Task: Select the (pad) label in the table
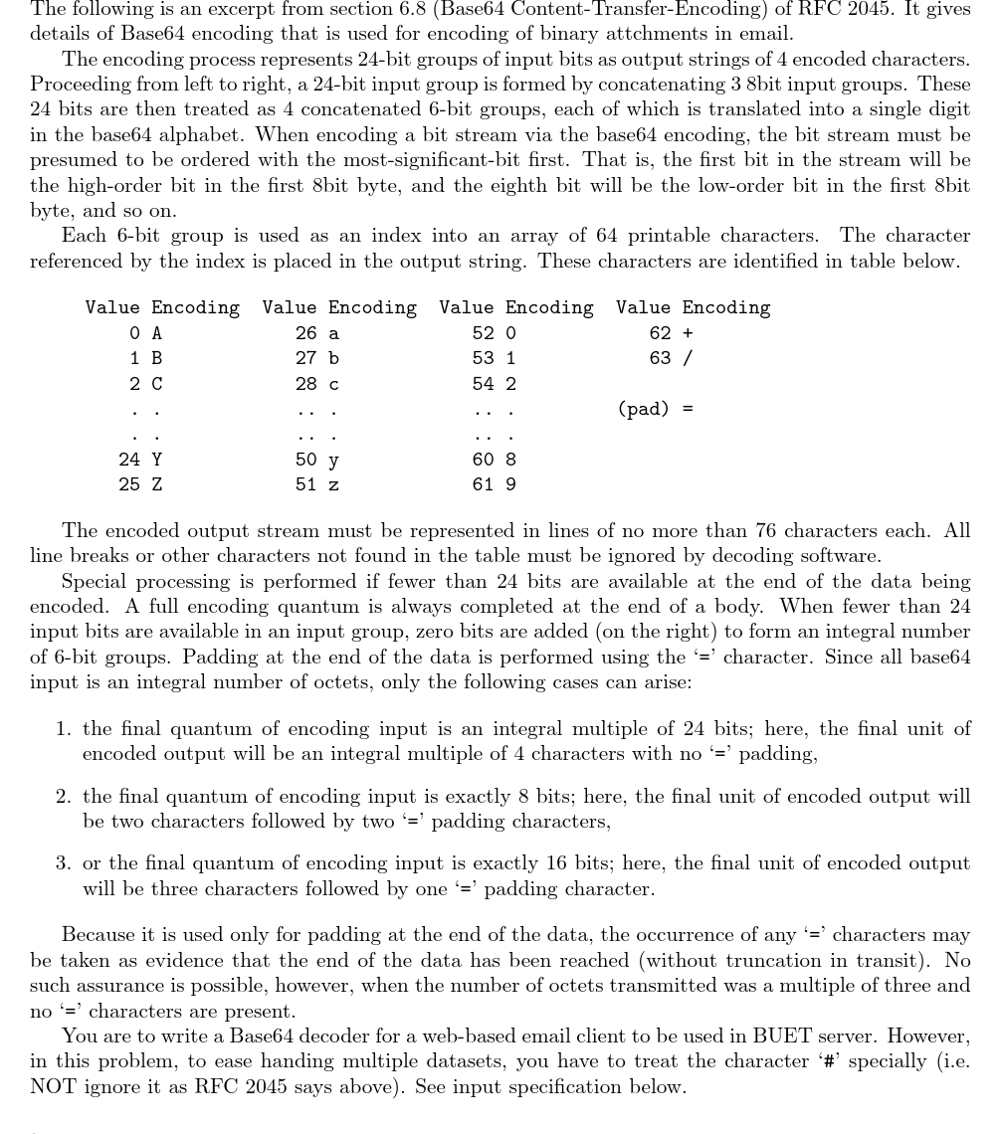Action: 643,408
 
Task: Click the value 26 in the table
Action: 306,333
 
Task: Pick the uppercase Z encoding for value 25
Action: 156,484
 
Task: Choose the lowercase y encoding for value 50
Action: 333,460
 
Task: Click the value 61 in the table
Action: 484,484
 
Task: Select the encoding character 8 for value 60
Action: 510,460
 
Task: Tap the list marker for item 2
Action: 63,796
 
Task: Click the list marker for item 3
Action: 63,863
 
